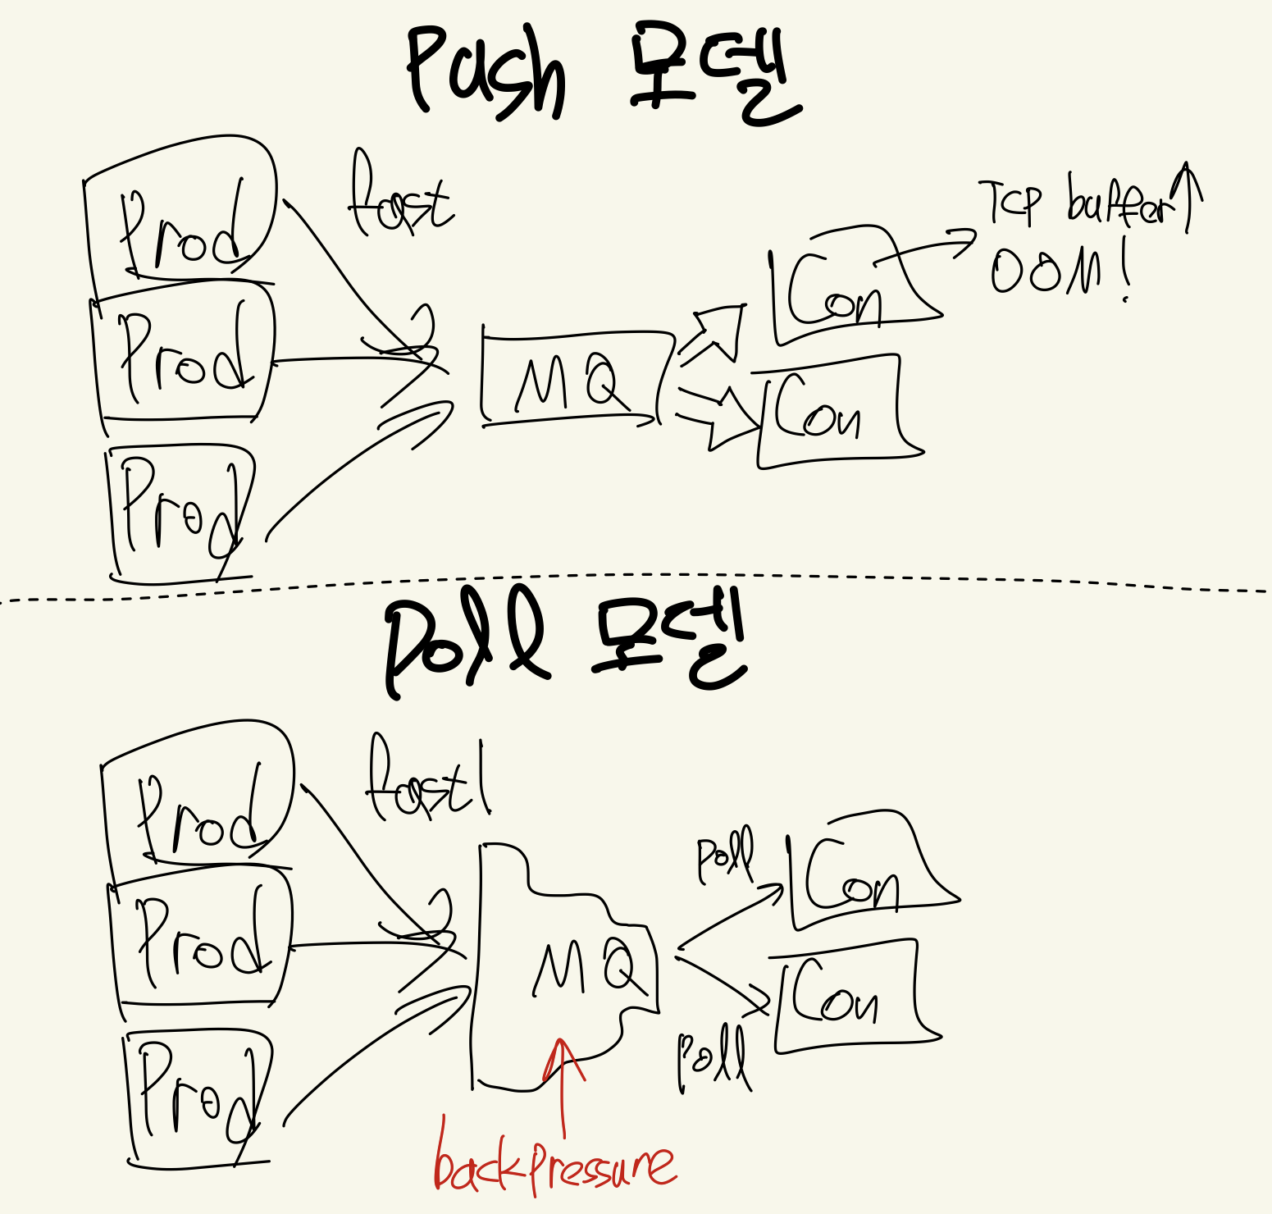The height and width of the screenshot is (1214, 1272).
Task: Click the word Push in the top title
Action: point(486,72)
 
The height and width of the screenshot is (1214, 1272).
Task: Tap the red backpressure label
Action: point(554,1163)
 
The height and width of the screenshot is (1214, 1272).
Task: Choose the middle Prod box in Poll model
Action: point(201,943)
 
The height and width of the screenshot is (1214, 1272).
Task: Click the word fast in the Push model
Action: point(400,199)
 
